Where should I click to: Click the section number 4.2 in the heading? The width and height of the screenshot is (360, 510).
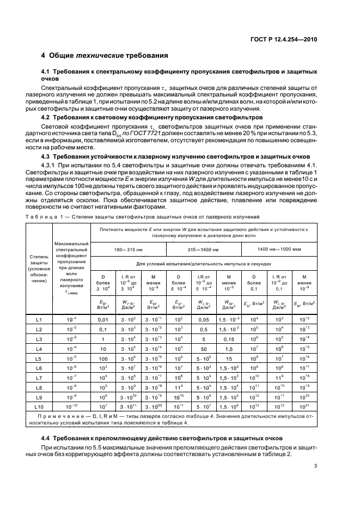[48, 117]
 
